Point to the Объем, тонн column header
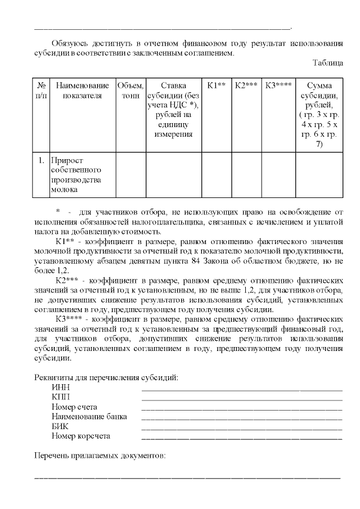pos(130,91)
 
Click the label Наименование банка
pos(89,417)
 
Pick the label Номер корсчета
pos(80,436)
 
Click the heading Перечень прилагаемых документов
pos(100,455)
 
